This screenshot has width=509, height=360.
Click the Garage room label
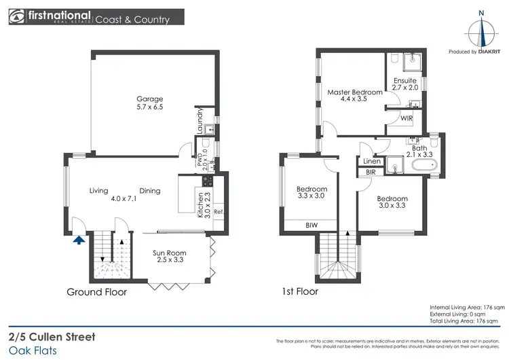[x=149, y=103]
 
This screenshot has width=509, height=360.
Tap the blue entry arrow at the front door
[x=79, y=238]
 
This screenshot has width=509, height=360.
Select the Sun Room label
[x=169, y=257]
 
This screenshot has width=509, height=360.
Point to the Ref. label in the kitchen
[x=219, y=212]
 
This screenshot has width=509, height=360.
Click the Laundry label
[x=200, y=121]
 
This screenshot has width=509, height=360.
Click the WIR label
[x=407, y=118]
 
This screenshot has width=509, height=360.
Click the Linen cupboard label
[x=371, y=161]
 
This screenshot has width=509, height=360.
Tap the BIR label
[x=371, y=173]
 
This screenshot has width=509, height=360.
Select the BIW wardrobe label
[x=312, y=224]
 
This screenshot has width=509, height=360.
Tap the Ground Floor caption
[x=96, y=292]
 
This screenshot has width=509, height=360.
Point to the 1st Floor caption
[x=299, y=292]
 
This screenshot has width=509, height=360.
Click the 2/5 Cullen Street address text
[x=52, y=318]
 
